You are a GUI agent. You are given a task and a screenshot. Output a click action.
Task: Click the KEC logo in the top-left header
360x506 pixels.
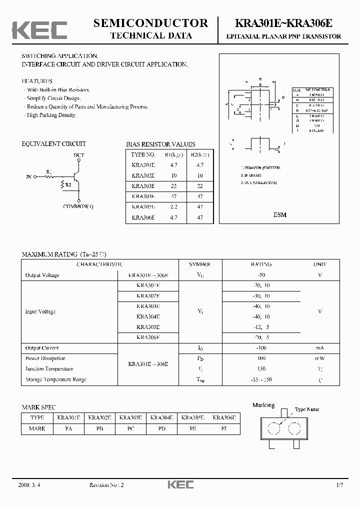[39, 30]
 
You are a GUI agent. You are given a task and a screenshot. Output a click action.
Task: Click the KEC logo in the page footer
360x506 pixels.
[179, 484]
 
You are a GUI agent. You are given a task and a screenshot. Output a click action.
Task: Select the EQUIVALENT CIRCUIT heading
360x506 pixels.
[53, 144]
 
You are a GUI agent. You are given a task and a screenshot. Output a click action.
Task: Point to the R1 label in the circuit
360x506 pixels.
[48, 171]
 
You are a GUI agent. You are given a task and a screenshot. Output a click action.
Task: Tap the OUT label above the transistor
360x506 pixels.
[79, 155]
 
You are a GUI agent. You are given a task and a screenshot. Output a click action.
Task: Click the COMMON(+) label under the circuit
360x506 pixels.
[78, 206]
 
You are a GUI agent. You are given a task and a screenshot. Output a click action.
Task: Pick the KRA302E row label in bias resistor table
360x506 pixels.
[143, 175]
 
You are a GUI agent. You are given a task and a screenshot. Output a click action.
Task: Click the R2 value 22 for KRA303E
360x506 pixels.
[199, 186]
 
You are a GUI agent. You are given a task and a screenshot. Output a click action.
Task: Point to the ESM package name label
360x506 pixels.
[280, 215]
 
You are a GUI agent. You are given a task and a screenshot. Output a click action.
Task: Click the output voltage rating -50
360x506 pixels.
[260, 275]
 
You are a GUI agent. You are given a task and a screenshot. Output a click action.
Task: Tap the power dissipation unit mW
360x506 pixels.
[319, 358]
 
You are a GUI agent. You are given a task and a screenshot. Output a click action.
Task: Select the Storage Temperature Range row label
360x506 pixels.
[56, 379]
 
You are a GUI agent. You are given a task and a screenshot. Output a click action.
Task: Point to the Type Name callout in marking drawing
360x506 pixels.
[307, 409]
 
